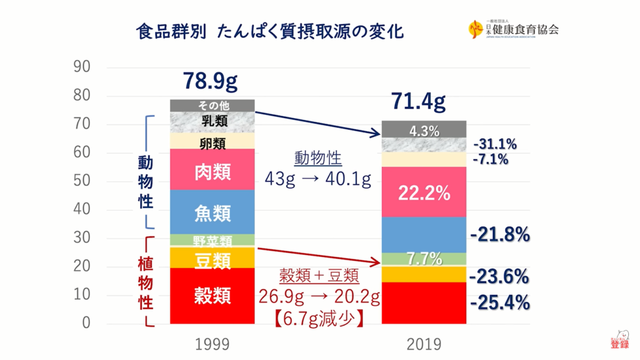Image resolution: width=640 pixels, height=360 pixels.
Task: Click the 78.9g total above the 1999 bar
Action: pos(211,81)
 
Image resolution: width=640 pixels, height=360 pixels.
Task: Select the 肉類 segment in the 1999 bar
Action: pos(212,171)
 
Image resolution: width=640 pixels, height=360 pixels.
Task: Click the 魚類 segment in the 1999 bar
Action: pos(212,212)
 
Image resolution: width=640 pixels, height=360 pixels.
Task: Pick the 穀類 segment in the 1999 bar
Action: pos(212,294)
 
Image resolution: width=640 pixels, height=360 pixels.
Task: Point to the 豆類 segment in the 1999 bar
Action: pos(212,258)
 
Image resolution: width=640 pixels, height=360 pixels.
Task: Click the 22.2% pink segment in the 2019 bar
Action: pos(424,193)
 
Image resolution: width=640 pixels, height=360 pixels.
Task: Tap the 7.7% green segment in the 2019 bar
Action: pos(424,258)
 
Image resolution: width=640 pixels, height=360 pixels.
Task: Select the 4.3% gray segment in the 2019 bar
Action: pos(424,131)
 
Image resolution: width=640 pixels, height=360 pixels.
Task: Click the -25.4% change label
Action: pos(500,304)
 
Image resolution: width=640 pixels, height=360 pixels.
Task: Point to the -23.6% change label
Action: pos(500,276)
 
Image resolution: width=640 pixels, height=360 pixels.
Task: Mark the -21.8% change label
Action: pos(500,235)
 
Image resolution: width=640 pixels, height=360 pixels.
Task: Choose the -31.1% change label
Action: pos(495,144)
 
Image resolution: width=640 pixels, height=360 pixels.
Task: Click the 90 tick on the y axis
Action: pos(82,67)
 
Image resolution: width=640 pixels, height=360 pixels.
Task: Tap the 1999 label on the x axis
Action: pos(212,344)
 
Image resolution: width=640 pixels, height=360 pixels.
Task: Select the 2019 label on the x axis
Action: pos(424,344)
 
